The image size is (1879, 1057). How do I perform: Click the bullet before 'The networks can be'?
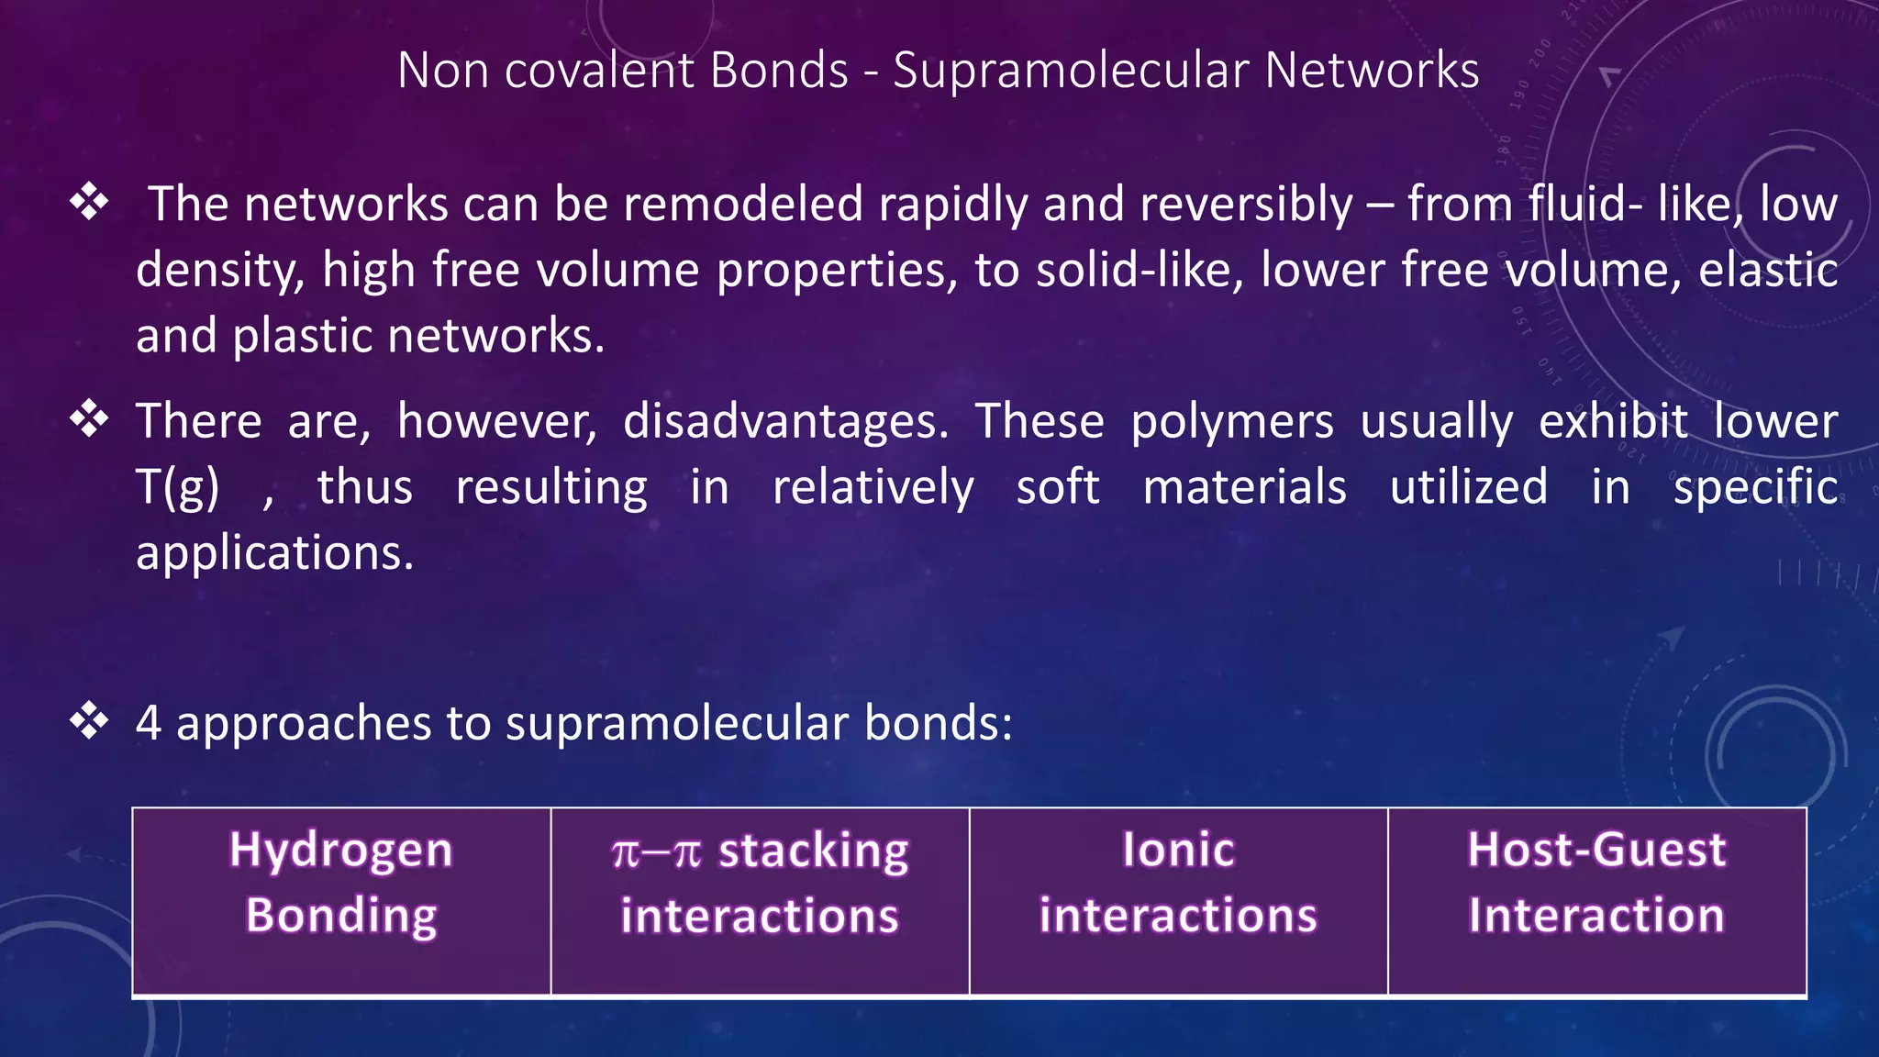pyautogui.click(x=90, y=202)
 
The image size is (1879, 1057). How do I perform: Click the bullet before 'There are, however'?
pyautogui.click(x=90, y=419)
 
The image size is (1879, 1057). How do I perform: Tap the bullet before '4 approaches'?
pyautogui.click(x=90, y=721)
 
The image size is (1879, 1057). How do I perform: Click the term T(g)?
pyautogui.click(x=178, y=488)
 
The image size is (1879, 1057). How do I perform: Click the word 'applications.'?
pyautogui.click(x=275, y=554)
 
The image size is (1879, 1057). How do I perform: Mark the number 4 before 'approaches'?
pyautogui.click(x=149, y=723)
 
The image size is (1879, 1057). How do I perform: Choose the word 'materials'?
pyautogui.click(x=1244, y=487)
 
